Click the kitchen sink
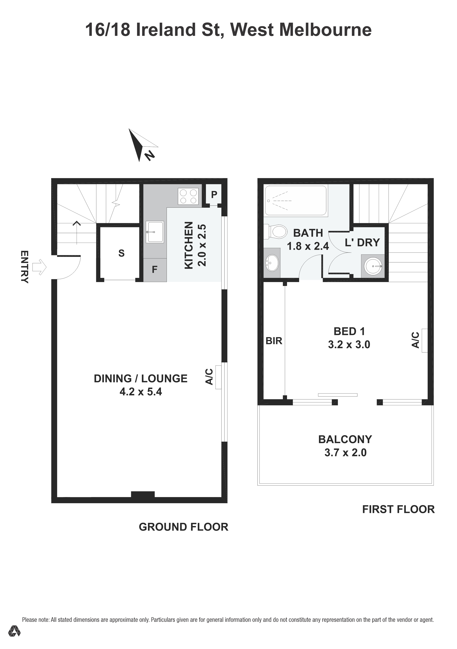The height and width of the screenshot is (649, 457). pyautogui.click(x=155, y=232)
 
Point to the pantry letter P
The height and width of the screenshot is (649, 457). pyautogui.click(x=214, y=194)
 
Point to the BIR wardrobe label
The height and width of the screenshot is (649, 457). pyautogui.click(x=274, y=341)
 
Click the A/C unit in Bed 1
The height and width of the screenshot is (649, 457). pyautogui.click(x=424, y=340)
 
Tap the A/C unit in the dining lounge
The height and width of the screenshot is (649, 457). pyautogui.click(x=218, y=377)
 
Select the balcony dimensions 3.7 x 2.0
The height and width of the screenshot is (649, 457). pyautogui.click(x=345, y=453)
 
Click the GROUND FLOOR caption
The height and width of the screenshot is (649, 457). pyautogui.click(x=183, y=527)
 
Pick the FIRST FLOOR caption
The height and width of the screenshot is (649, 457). pyautogui.click(x=398, y=509)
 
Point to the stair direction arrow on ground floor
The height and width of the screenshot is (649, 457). pyautogui.click(x=77, y=232)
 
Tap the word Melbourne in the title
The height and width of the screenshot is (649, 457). pyautogui.click(x=325, y=30)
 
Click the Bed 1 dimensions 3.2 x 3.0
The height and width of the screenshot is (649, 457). pyautogui.click(x=349, y=345)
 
